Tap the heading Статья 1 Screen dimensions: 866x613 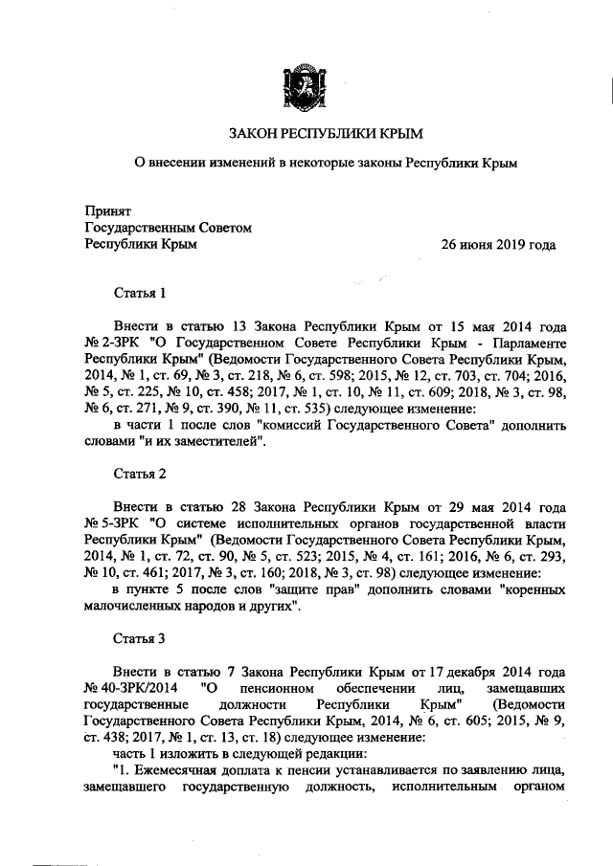[140, 292]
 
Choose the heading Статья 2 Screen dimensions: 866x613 [140, 474]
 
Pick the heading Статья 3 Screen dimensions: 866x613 [140, 639]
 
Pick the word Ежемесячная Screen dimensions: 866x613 [175, 772]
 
